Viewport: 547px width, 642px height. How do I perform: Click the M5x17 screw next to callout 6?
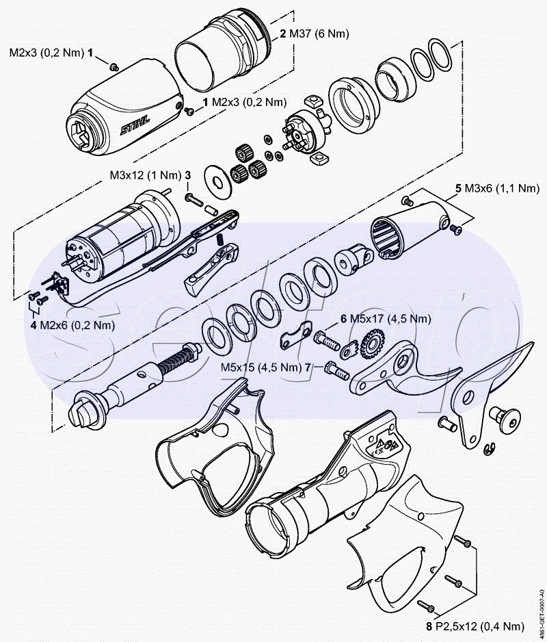pyautogui.click(x=326, y=339)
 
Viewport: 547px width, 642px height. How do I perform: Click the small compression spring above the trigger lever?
pyautogui.click(x=220, y=239)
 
